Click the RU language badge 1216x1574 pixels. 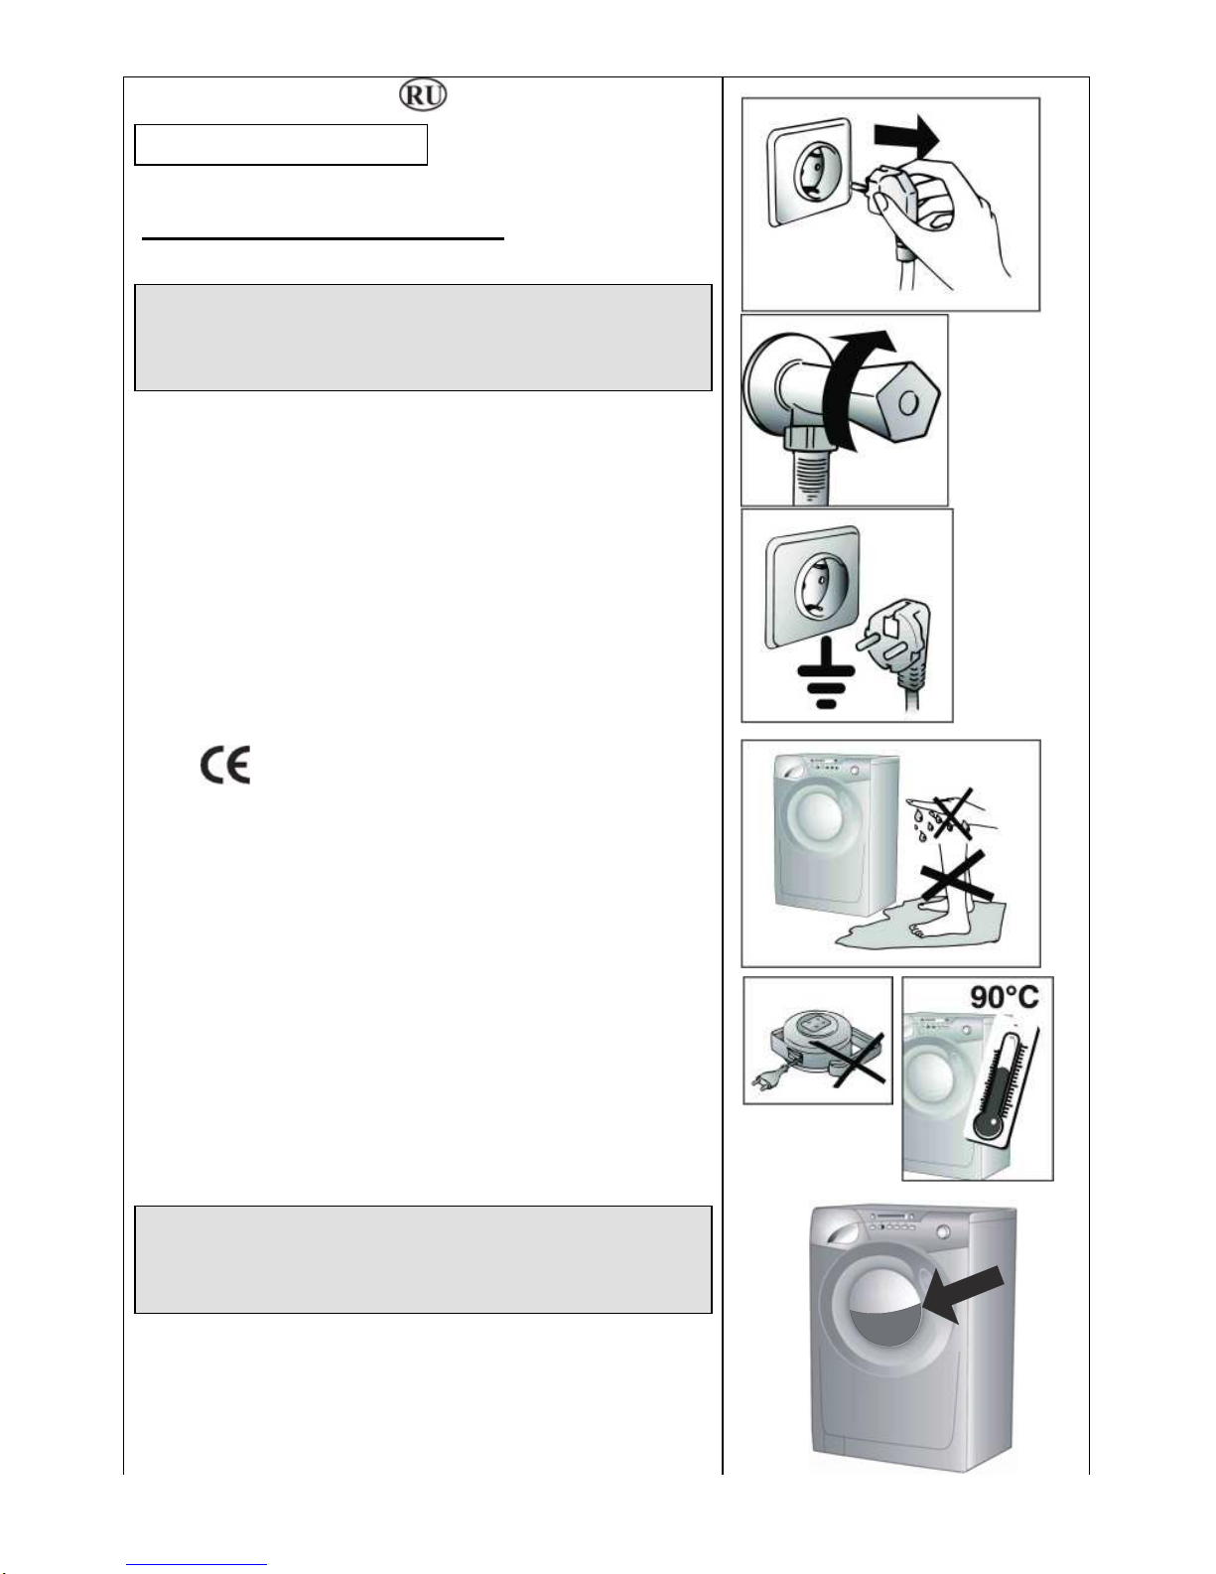point(423,95)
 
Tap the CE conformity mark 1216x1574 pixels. point(225,765)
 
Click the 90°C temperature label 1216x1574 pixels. point(1004,997)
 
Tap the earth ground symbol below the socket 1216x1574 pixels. point(827,676)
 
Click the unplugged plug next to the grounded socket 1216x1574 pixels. point(896,644)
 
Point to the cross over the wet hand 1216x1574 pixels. point(953,814)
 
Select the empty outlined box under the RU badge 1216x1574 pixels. point(281,145)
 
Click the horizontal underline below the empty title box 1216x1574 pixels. point(323,237)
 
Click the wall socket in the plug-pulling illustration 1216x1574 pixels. point(809,171)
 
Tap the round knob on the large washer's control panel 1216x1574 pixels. point(943,1231)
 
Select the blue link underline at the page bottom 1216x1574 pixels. point(197,1563)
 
